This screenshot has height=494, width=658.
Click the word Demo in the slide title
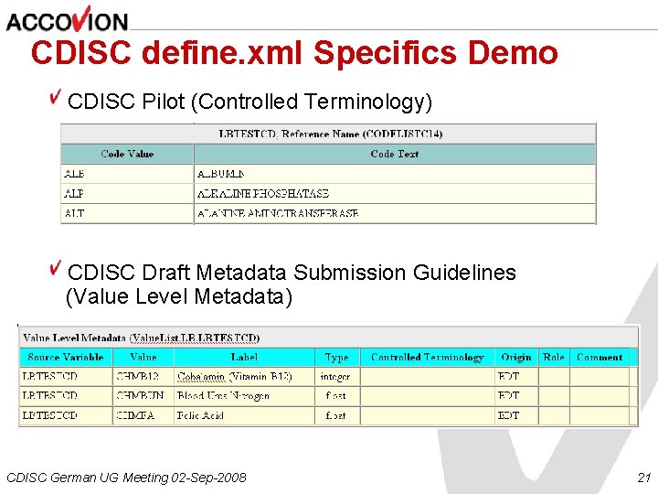point(512,53)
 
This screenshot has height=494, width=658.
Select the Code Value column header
point(127,155)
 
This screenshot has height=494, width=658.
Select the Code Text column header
point(395,155)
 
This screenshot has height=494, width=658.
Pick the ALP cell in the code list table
point(74,194)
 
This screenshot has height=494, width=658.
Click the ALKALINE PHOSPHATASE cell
point(263,194)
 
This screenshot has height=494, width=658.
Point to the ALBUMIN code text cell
point(221,174)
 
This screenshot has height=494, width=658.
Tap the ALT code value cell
point(74,214)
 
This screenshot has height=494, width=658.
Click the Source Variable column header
point(66,358)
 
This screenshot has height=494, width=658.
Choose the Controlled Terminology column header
point(427,358)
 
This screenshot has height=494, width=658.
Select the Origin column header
point(515,358)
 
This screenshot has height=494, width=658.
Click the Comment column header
point(600,358)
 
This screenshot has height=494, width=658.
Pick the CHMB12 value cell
point(137,377)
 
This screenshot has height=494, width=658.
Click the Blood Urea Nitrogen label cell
point(224,396)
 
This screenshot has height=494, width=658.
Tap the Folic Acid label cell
point(201,415)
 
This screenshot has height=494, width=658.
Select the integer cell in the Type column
point(335,377)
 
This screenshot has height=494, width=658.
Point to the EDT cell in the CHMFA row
point(509,415)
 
